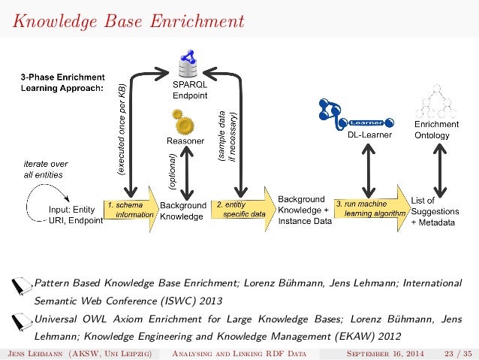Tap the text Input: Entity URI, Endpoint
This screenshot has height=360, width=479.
75,215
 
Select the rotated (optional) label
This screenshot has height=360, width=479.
171,170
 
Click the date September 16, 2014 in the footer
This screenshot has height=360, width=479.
375,352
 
